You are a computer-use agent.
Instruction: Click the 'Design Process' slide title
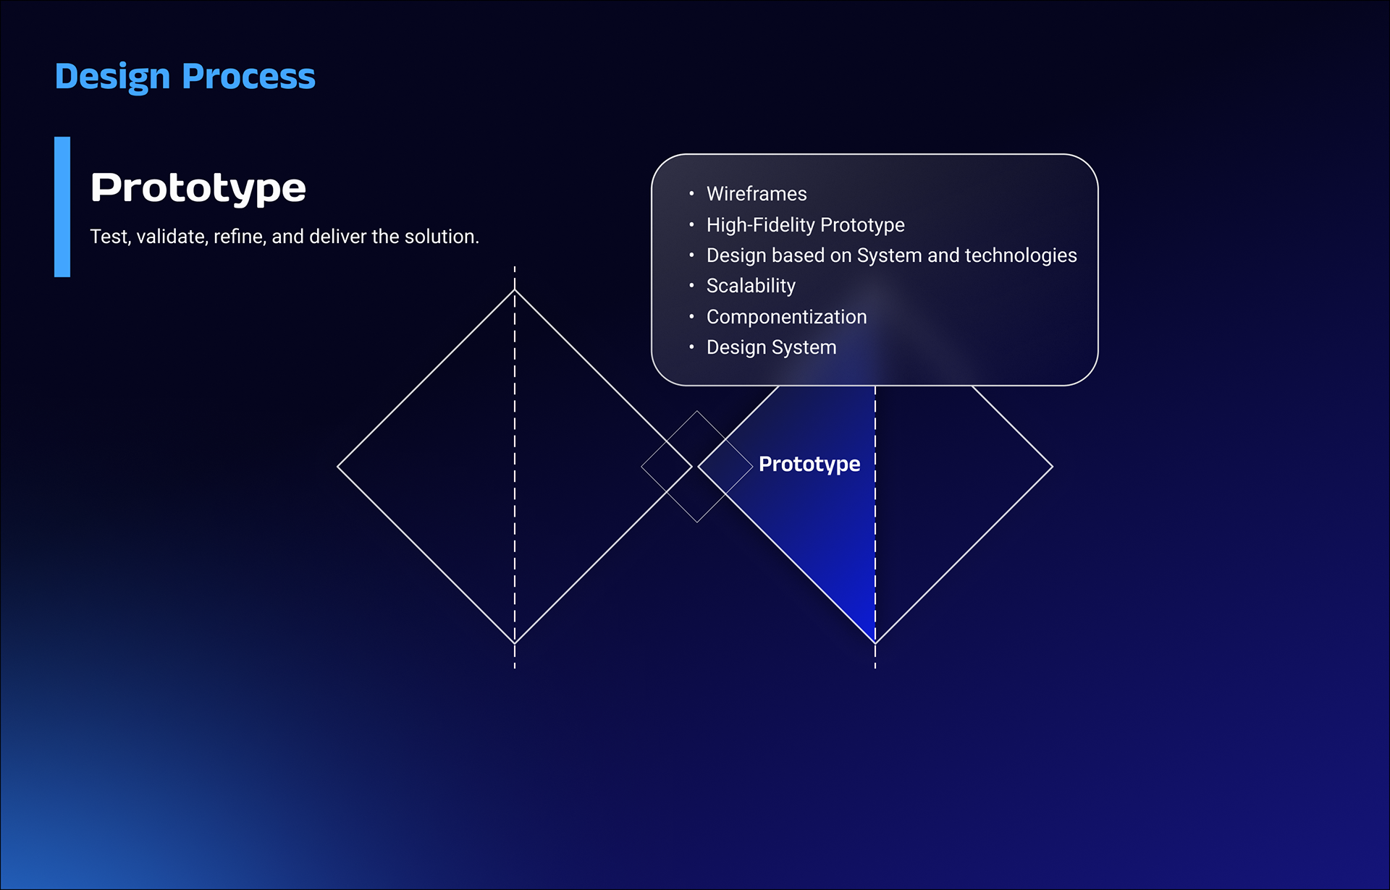(x=185, y=77)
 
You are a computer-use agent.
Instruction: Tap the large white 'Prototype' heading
(x=198, y=189)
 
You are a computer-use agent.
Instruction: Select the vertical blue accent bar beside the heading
(x=62, y=207)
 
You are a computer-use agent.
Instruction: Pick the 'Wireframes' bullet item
(x=757, y=194)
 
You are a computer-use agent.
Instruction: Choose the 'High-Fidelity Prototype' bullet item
(x=806, y=225)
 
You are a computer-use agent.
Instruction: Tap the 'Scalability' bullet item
(x=751, y=286)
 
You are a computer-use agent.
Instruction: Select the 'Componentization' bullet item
(x=786, y=317)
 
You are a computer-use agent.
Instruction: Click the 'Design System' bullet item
(x=771, y=347)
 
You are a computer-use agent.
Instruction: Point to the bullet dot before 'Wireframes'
(x=691, y=194)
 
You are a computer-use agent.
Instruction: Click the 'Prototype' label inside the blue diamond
(x=809, y=464)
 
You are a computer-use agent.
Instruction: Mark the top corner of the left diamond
(x=515, y=290)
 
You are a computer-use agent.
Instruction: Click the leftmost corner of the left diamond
(x=338, y=467)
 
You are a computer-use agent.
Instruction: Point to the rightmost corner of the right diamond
(x=1053, y=467)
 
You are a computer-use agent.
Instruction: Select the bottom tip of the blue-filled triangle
(x=875, y=643)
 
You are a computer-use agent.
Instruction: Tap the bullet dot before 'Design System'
(x=691, y=347)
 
